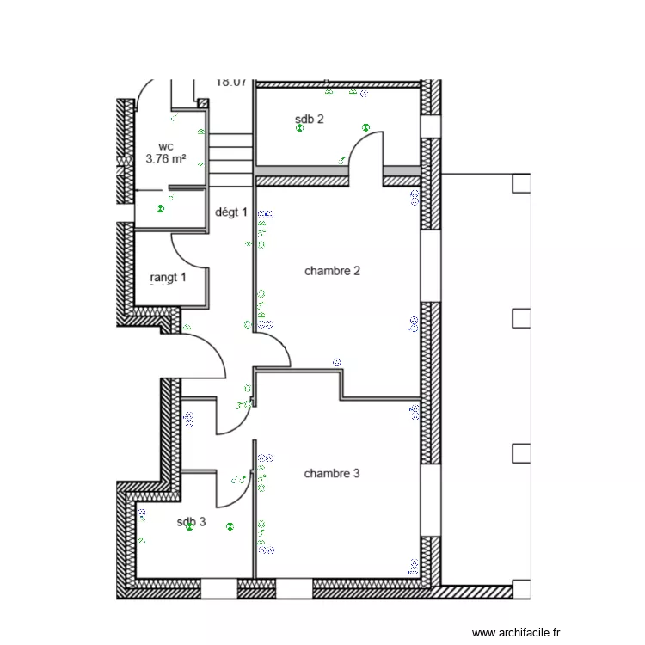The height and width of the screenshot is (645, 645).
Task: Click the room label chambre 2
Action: point(332,271)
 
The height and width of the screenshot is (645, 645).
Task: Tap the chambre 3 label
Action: point(331,474)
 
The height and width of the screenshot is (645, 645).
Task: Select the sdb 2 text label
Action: point(309,120)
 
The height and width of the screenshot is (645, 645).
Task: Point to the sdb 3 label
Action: point(191,522)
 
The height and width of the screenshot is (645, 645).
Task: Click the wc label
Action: point(165,147)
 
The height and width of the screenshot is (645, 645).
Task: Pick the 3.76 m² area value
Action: point(166,159)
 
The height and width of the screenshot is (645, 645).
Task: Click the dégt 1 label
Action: point(230,212)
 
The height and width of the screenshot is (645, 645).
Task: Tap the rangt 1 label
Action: point(167,278)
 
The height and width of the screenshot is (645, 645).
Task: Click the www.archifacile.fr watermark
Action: point(516,632)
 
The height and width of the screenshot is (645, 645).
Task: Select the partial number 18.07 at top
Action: point(231,83)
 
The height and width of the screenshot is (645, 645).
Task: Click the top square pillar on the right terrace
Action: point(520,183)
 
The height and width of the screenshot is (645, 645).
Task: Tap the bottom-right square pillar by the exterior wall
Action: point(520,588)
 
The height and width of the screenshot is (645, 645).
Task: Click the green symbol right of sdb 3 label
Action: point(230,526)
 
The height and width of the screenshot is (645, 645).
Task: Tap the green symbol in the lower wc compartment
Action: point(159,208)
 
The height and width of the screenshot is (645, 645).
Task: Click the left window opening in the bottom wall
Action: point(218,589)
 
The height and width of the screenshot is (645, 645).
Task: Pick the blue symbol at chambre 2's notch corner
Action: point(337,362)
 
